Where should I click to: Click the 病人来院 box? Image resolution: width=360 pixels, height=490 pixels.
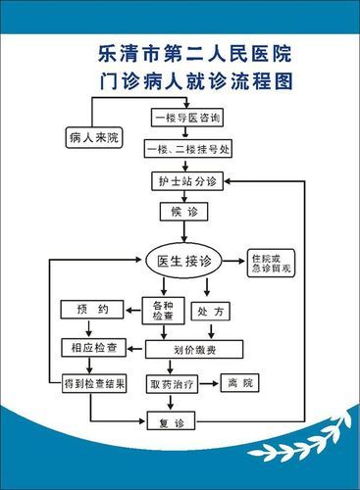click(94, 136)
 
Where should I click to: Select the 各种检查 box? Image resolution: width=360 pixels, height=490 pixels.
click(163, 313)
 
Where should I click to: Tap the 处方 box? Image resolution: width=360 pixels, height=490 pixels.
click(212, 312)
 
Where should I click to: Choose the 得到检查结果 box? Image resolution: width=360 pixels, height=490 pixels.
click(94, 382)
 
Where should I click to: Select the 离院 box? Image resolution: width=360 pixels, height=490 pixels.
click(240, 382)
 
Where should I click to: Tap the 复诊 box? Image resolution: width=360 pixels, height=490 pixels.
click(179, 422)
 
